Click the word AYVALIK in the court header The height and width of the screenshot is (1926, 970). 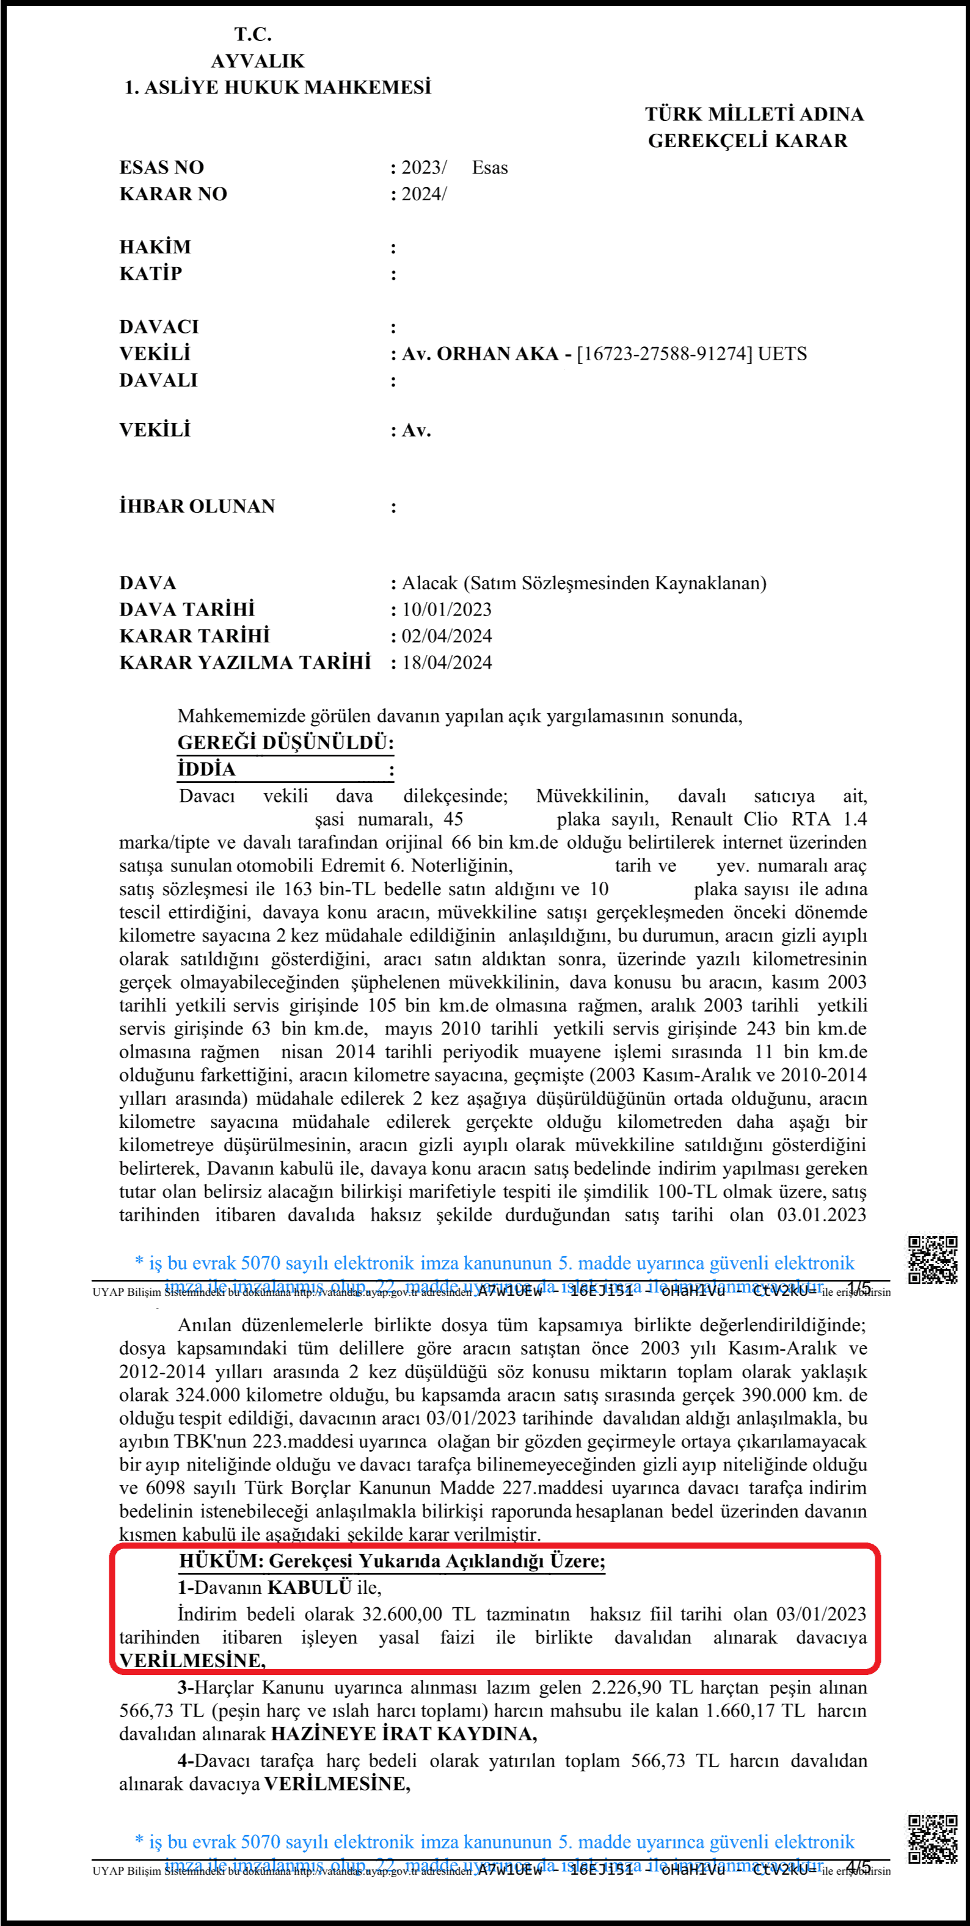click(x=257, y=60)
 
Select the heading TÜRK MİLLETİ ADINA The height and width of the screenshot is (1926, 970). click(x=754, y=114)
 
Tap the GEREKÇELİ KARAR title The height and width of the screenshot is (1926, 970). click(x=747, y=140)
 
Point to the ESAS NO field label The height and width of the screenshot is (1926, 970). click(x=161, y=167)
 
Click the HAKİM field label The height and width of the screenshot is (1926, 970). click(x=155, y=247)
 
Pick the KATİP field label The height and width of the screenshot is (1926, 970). click(x=150, y=274)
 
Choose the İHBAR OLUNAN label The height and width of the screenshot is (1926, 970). click(x=197, y=506)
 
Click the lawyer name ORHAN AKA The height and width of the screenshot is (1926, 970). click(x=497, y=354)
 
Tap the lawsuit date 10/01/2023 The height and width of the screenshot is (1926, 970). click(x=447, y=609)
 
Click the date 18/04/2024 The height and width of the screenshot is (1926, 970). click(x=447, y=663)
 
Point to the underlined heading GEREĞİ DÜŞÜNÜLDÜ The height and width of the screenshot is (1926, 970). click(x=284, y=743)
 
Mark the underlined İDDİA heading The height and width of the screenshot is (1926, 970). click(x=206, y=769)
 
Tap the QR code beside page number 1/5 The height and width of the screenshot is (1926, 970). click(x=933, y=1260)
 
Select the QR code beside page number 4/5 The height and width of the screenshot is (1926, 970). click(x=933, y=1839)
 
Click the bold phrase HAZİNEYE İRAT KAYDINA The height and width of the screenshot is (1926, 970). click(x=403, y=1733)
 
